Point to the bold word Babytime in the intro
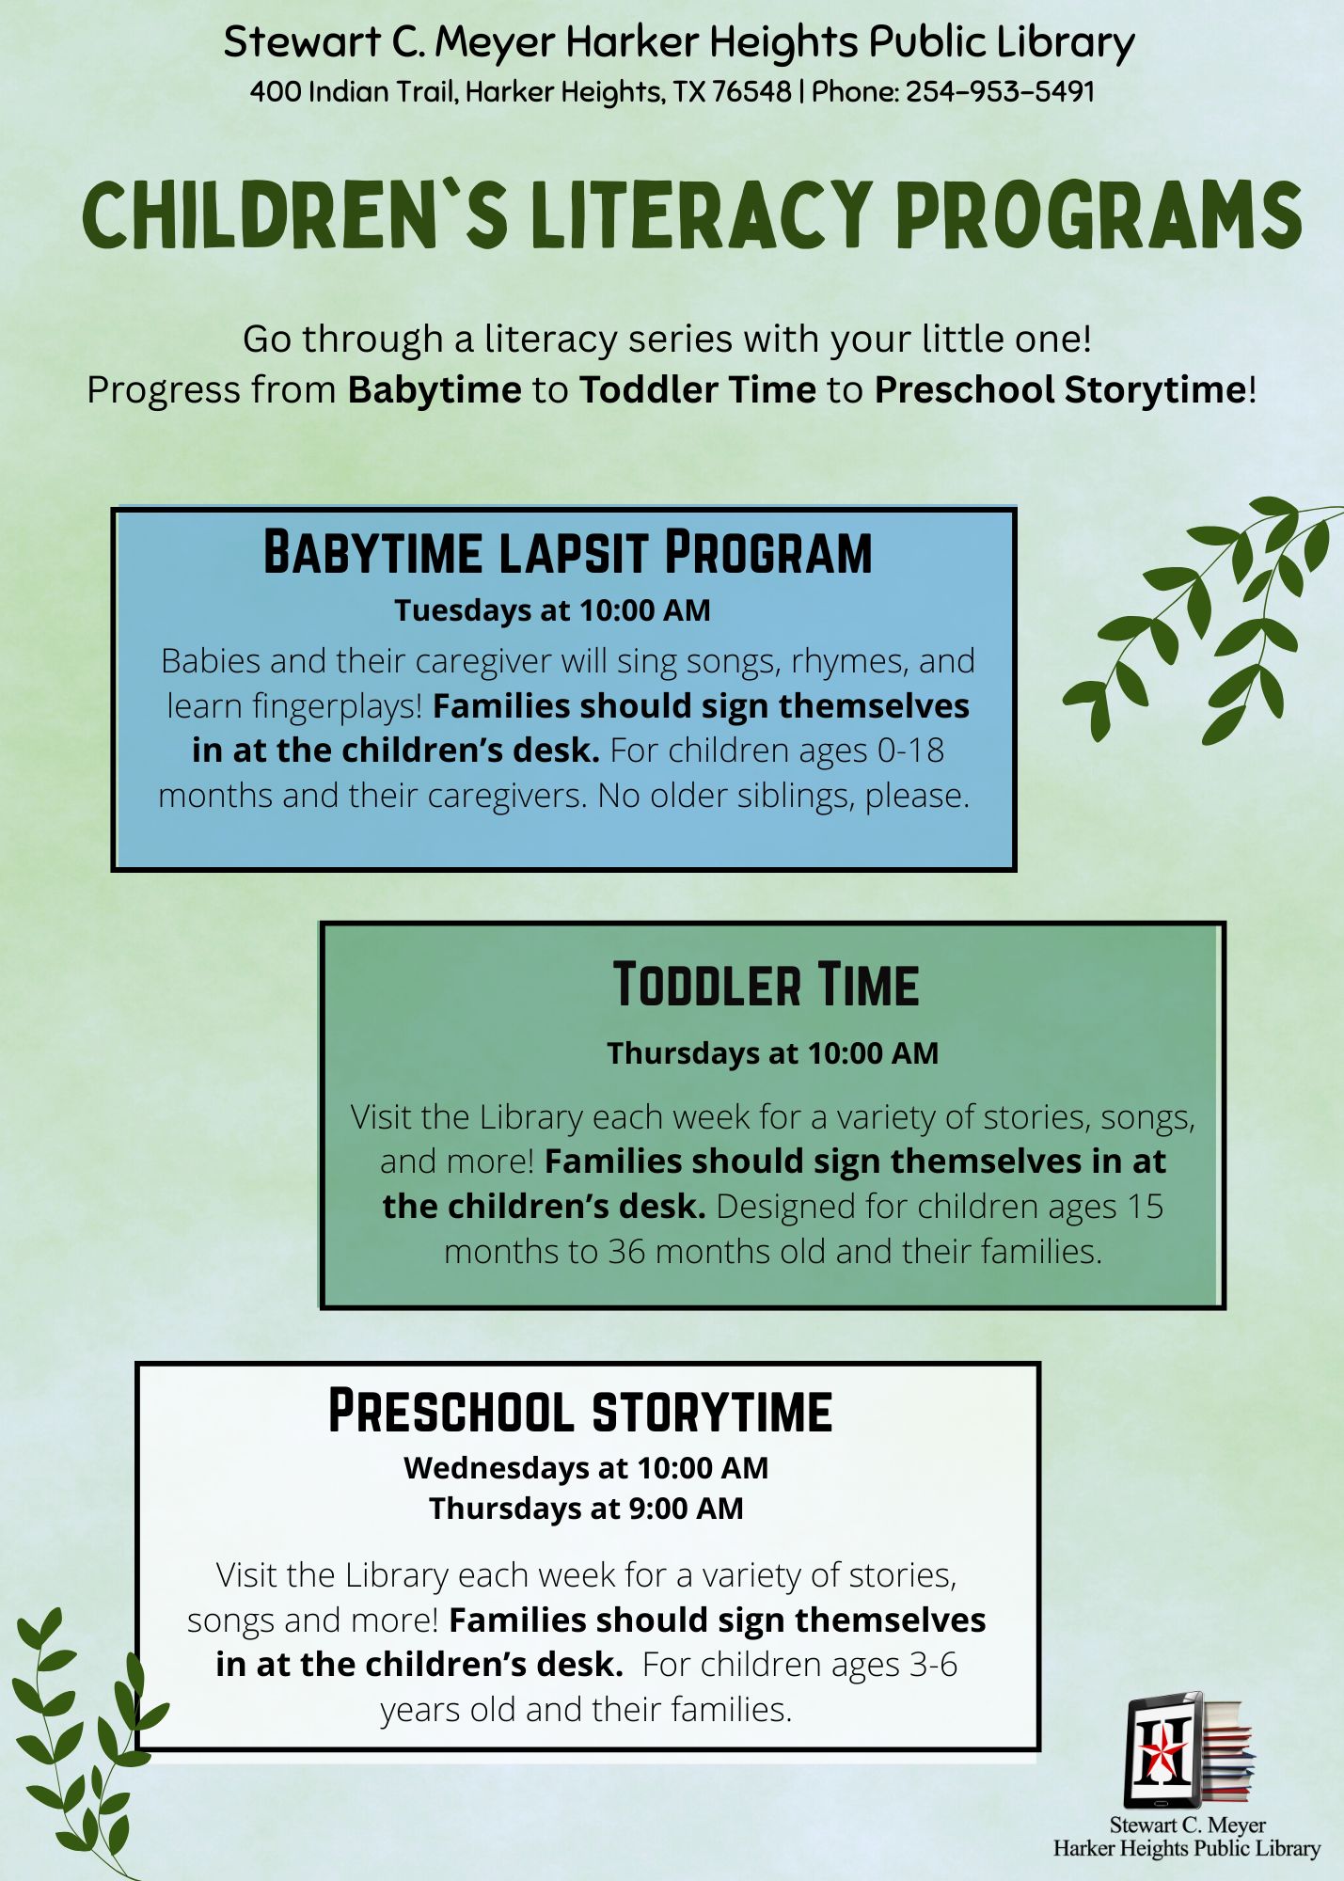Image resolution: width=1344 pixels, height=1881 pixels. pyautogui.click(x=435, y=390)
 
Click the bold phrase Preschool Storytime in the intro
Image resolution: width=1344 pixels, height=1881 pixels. pyautogui.click(x=1060, y=390)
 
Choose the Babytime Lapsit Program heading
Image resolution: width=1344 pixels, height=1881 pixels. pyautogui.click(x=567, y=552)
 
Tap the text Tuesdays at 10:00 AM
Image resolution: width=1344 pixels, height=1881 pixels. pyautogui.click(x=552, y=610)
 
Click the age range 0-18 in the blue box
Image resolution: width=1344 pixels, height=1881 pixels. pyautogui.click(x=910, y=751)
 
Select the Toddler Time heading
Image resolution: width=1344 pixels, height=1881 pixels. pyautogui.click(x=766, y=985)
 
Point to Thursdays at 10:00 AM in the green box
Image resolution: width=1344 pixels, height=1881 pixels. pyautogui.click(x=772, y=1053)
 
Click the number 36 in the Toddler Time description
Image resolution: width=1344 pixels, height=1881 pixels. pyautogui.click(x=626, y=1252)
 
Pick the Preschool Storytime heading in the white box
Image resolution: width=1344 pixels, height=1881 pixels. pyautogui.click(x=579, y=1412)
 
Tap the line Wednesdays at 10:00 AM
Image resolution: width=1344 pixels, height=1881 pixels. pyautogui.click(x=586, y=1468)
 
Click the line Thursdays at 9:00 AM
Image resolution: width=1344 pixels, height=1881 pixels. pyautogui.click(x=586, y=1509)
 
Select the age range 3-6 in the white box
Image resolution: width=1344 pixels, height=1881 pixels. pyautogui.click(x=933, y=1665)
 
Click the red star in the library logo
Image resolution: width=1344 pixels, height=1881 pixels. pyautogui.click(x=1163, y=1750)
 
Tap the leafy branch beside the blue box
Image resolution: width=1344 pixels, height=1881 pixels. pyautogui.click(x=1213, y=621)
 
